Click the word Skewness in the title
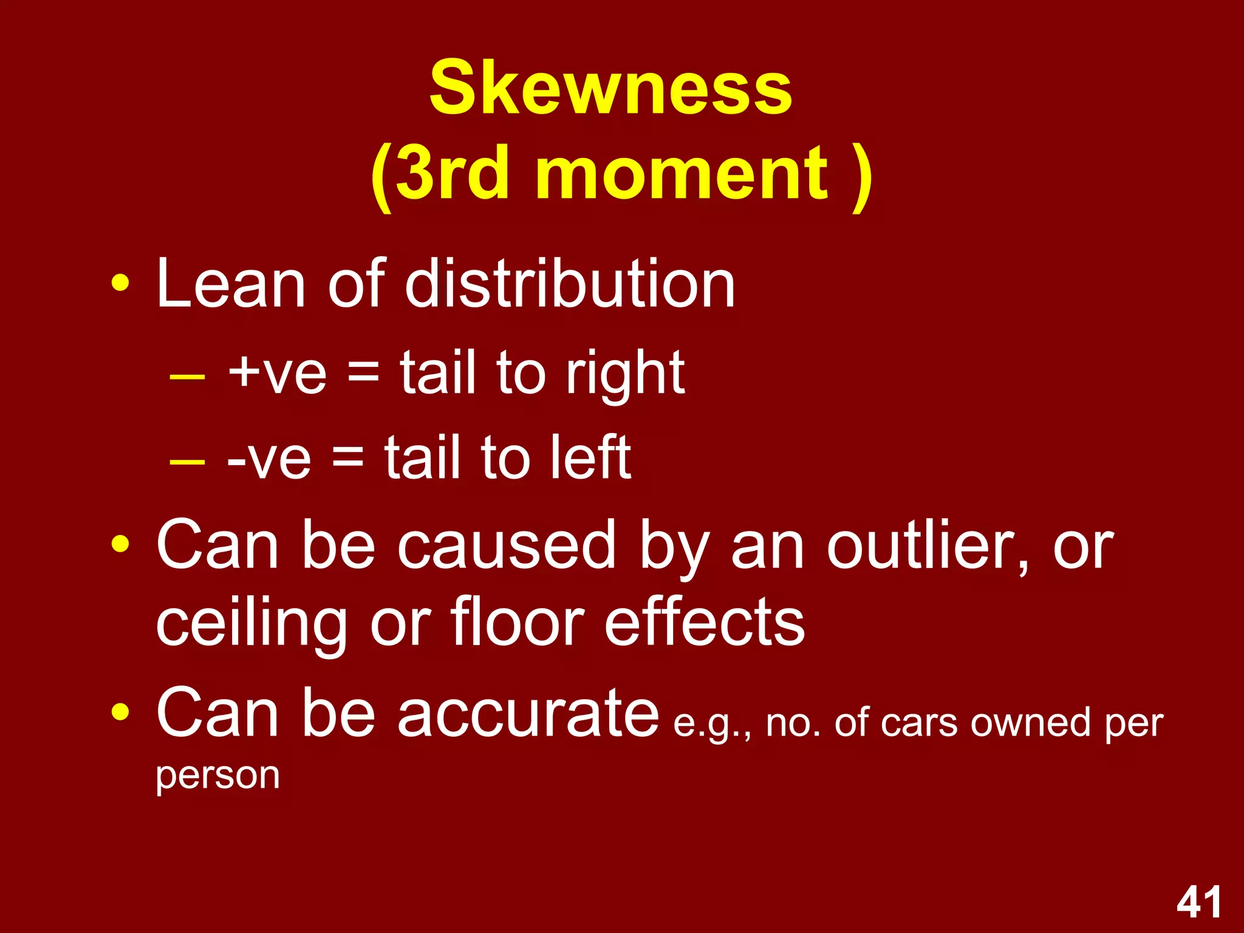tap(610, 88)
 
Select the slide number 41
tap(1199, 903)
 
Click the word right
tap(625, 373)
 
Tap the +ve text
tap(277, 373)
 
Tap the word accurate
tap(528, 713)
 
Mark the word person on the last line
tap(217, 776)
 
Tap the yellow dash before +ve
tap(187, 377)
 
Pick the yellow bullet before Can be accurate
tap(120, 711)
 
